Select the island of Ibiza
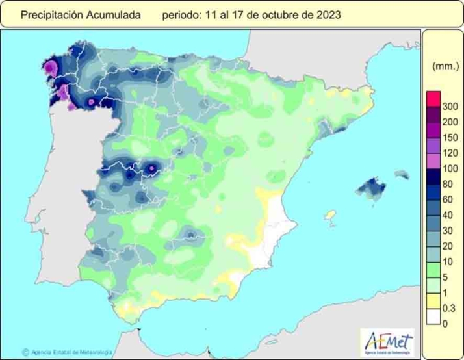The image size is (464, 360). (x=329, y=214)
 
